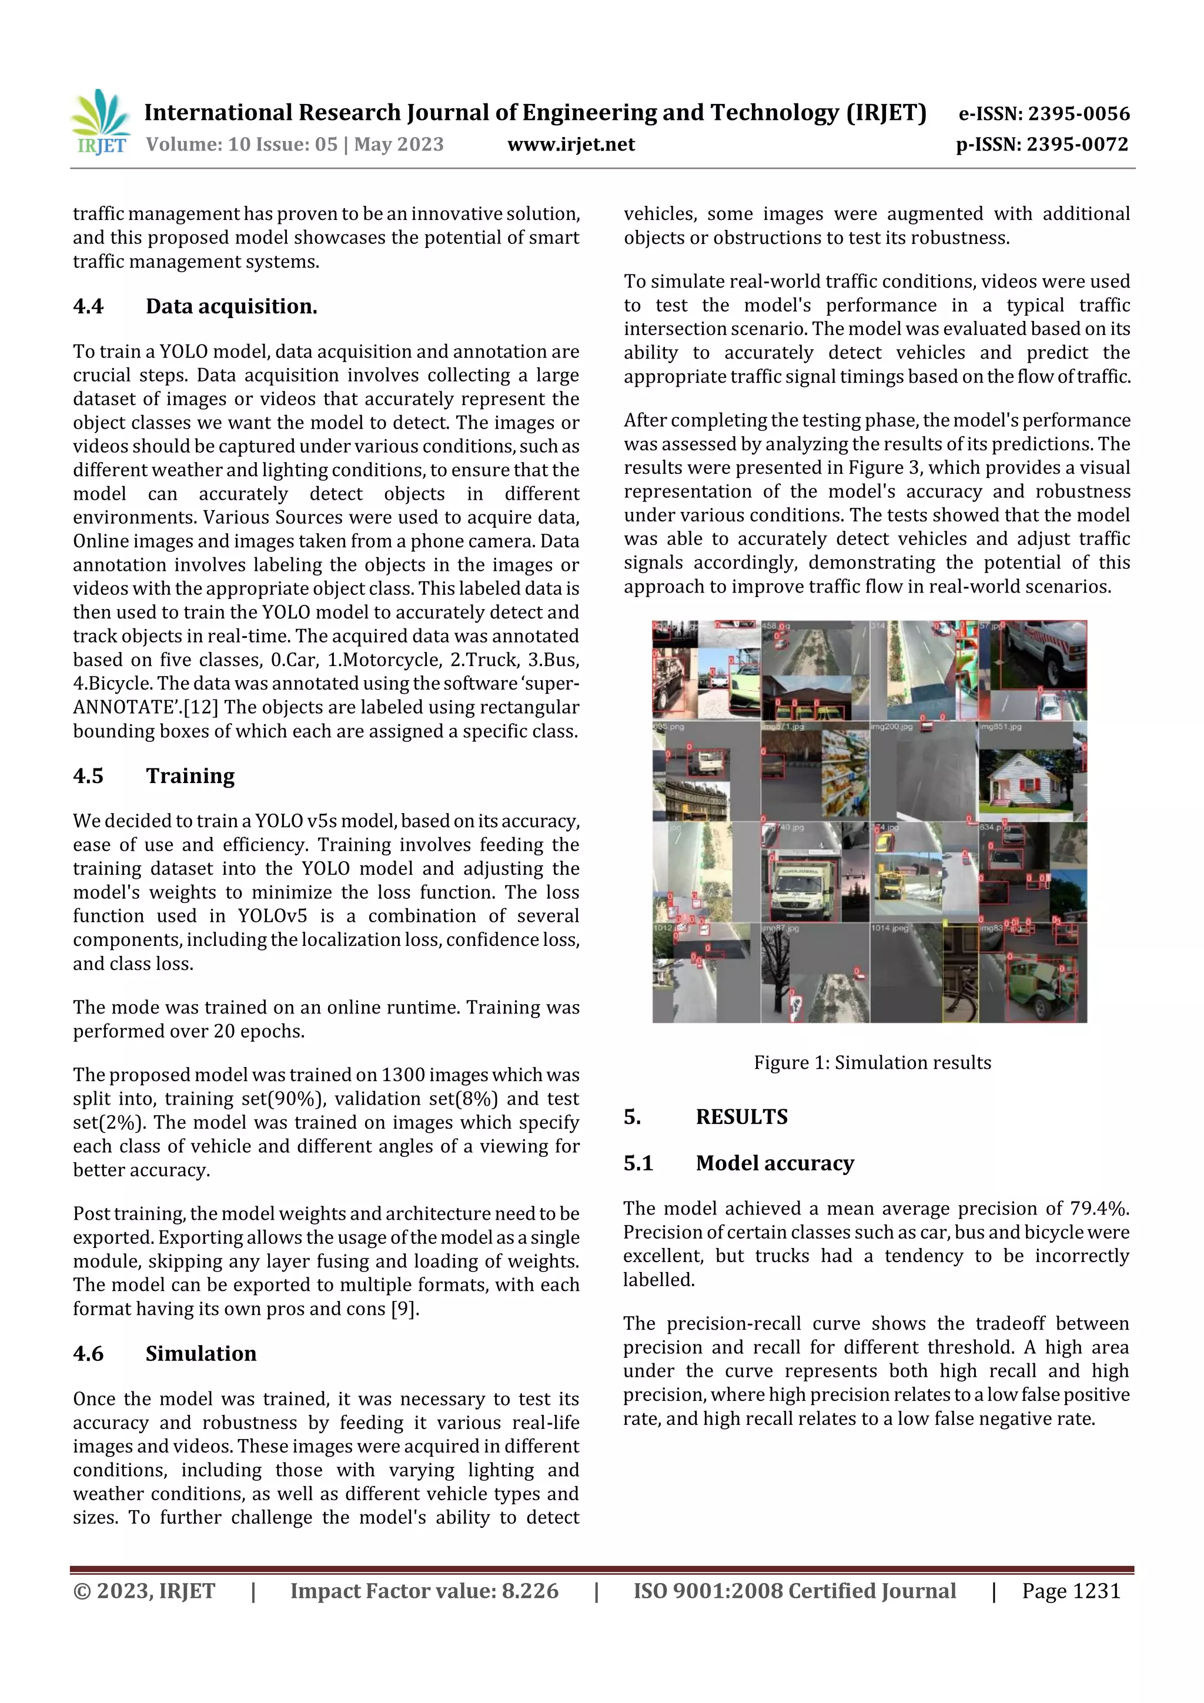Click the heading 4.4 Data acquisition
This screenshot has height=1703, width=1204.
(x=195, y=306)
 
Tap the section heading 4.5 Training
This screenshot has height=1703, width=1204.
(x=153, y=776)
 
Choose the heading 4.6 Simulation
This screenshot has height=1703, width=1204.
(x=164, y=1354)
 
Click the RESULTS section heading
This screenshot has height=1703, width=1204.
(x=741, y=1117)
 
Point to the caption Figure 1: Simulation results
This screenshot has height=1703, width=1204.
(x=872, y=1063)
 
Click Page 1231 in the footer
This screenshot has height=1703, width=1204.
(x=1071, y=1591)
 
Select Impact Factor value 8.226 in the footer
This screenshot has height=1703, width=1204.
(x=424, y=1591)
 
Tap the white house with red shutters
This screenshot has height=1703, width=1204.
(x=1021, y=782)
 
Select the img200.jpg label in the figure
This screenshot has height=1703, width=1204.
(x=892, y=727)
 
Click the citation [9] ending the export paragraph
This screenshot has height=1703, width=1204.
(x=405, y=1309)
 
